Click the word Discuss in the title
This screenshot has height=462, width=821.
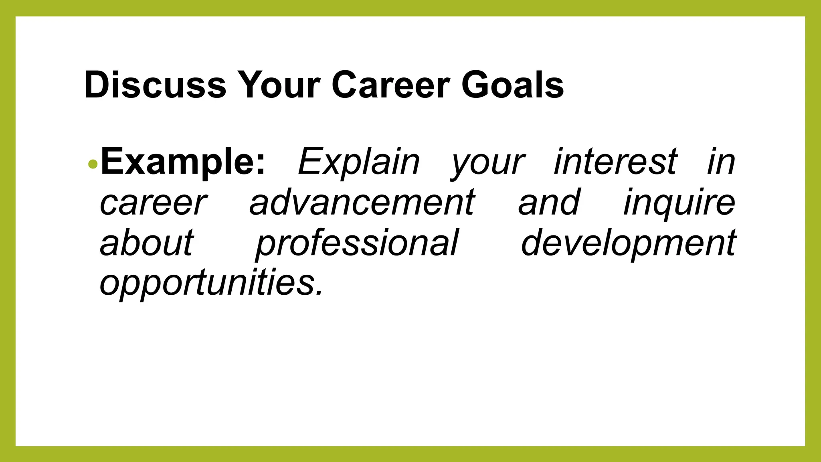coord(155,85)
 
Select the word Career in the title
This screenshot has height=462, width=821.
coord(390,85)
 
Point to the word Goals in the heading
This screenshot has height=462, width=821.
coord(512,85)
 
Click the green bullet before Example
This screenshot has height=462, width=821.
coord(93,164)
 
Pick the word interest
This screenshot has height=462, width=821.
coord(615,162)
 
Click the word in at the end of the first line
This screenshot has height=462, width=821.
coord(721,162)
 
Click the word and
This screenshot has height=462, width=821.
coord(549,202)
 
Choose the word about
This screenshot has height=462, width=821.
coord(147,243)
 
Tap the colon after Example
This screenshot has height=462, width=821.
coord(261,164)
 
